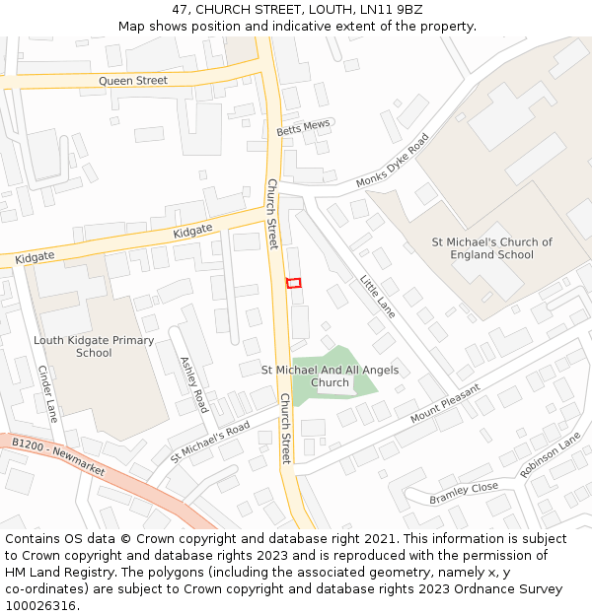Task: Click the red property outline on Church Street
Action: (x=293, y=283)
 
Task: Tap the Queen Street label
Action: (x=132, y=81)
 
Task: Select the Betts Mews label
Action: (x=303, y=128)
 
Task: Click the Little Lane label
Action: (x=377, y=295)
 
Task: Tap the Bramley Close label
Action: (x=464, y=494)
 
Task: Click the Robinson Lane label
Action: (x=551, y=455)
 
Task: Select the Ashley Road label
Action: (x=193, y=384)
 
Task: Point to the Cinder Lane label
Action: (x=47, y=393)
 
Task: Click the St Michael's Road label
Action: (x=210, y=444)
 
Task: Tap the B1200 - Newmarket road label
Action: (x=58, y=458)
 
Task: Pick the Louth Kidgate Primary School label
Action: (x=94, y=347)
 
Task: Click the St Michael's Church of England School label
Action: (x=491, y=248)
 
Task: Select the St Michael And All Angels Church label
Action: (x=330, y=376)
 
